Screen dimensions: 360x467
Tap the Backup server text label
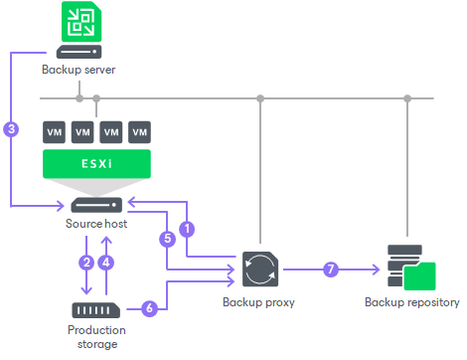click(78, 71)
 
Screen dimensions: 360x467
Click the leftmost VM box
click(54, 131)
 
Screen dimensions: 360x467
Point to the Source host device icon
click(96, 205)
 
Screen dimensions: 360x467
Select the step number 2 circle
click(86, 263)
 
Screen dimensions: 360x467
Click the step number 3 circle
click(11, 128)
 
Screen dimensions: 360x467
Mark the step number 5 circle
click(167, 239)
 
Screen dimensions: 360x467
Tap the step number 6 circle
click(149, 308)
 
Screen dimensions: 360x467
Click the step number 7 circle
click(330, 269)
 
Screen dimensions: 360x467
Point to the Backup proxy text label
click(259, 302)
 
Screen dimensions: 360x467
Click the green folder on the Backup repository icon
click(421, 274)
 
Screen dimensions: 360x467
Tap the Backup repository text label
click(411, 302)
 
